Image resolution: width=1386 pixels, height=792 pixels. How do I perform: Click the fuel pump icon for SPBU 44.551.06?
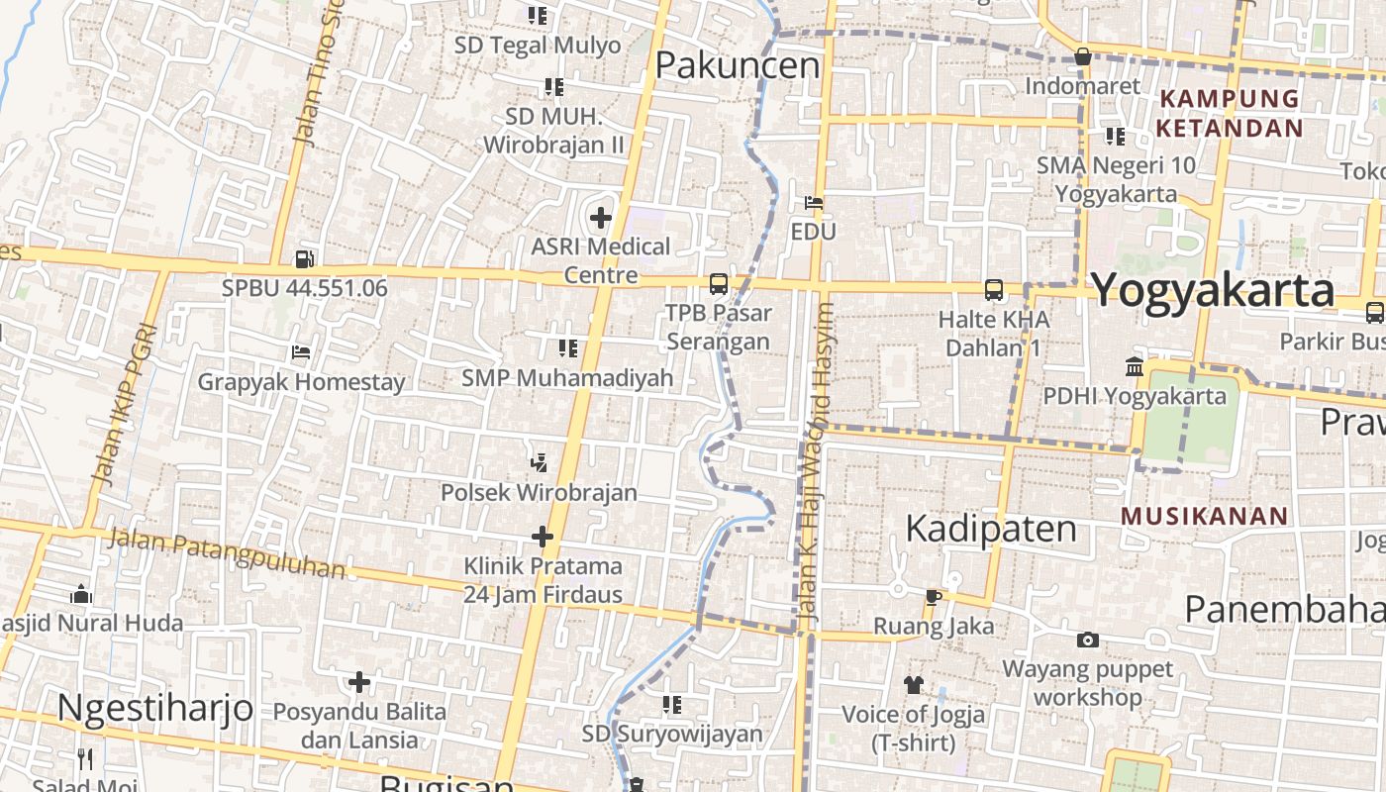[304, 259]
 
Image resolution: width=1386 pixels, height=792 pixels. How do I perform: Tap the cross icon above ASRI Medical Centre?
[601, 217]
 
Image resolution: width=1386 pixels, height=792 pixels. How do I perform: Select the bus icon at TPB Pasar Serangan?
[719, 284]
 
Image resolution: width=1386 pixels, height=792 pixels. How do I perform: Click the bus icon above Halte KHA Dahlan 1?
[994, 290]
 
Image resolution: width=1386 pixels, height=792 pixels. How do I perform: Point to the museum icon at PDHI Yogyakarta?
[1135, 367]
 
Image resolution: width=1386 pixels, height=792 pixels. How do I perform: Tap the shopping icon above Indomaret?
[1083, 56]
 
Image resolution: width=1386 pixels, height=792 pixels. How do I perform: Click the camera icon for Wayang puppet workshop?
[1088, 641]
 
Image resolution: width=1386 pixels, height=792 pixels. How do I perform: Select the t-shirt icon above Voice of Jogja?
[913, 684]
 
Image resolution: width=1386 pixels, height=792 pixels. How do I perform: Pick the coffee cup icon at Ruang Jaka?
[933, 596]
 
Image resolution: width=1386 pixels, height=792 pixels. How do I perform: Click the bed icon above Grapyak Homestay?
[301, 352]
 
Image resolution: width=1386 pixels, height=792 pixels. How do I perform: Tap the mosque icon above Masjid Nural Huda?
[81, 594]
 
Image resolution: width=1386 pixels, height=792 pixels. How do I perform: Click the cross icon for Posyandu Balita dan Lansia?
[359, 682]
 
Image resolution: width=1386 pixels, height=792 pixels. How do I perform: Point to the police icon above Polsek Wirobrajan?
[539, 462]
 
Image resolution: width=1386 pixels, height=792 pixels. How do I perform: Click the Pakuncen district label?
[738, 65]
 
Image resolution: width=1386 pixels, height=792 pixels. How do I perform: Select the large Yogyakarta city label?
[1214, 291]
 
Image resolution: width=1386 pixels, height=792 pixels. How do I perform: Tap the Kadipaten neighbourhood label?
[991, 529]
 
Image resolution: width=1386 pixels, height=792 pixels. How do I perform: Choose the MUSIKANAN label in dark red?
[1205, 516]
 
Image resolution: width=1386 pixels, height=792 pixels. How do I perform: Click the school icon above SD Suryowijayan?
[672, 705]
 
